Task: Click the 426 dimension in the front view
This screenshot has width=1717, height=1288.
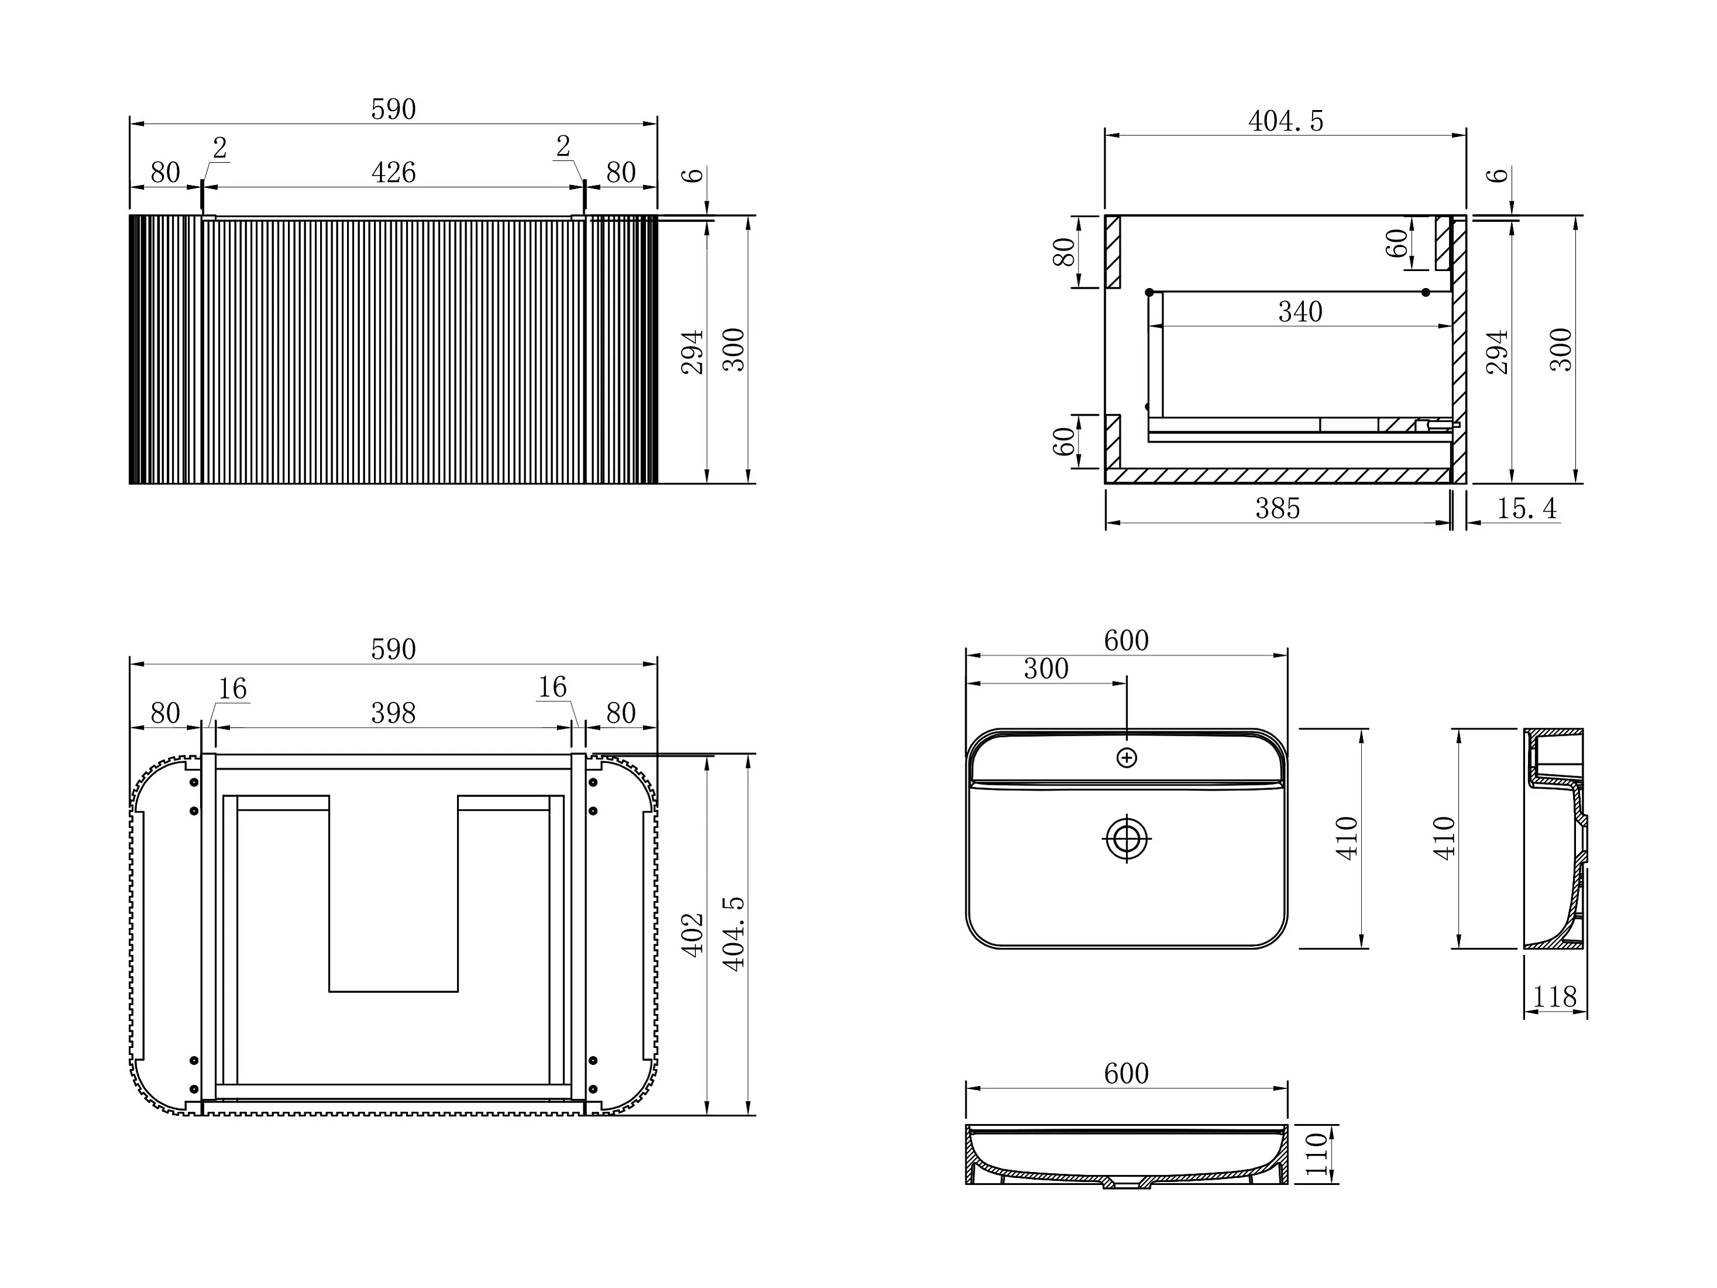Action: pyautogui.click(x=393, y=172)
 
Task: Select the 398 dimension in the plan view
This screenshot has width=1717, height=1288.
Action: pyautogui.click(x=393, y=712)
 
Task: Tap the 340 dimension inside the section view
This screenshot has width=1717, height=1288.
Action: pyautogui.click(x=1300, y=312)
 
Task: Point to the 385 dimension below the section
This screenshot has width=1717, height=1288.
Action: pyautogui.click(x=1278, y=509)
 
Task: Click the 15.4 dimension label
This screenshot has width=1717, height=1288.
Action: pyautogui.click(x=1527, y=509)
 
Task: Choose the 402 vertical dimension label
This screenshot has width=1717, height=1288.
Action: pyautogui.click(x=692, y=935)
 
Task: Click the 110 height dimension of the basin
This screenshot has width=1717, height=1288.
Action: pyautogui.click(x=1317, y=1155)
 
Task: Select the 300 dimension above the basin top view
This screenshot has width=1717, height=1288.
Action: pyautogui.click(x=1046, y=669)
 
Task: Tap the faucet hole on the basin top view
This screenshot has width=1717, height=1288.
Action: pyautogui.click(x=1127, y=758)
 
